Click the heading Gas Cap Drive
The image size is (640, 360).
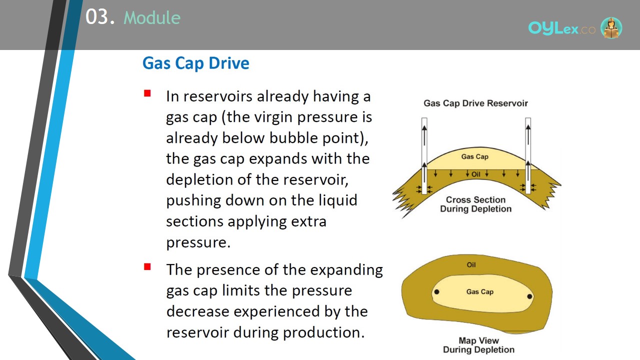click(195, 63)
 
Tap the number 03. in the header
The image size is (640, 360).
click(100, 17)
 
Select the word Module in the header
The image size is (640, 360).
click(152, 17)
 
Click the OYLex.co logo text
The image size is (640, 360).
click(561, 28)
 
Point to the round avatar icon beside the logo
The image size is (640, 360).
click(611, 27)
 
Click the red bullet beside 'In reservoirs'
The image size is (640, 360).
click(147, 93)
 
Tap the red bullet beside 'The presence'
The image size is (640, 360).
click(147, 267)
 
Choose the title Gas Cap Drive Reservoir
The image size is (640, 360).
click(475, 103)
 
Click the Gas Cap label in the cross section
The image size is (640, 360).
click(475, 156)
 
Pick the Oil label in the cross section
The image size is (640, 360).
click(475, 174)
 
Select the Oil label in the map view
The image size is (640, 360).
click(471, 265)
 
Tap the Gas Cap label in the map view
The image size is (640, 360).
click(480, 291)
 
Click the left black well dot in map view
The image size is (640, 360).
click(437, 292)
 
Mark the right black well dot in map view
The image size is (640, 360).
click(529, 296)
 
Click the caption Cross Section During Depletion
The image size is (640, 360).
click(475, 204)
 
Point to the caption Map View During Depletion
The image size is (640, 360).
click(478, 345)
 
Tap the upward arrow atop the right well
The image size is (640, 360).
click(528, 134)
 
